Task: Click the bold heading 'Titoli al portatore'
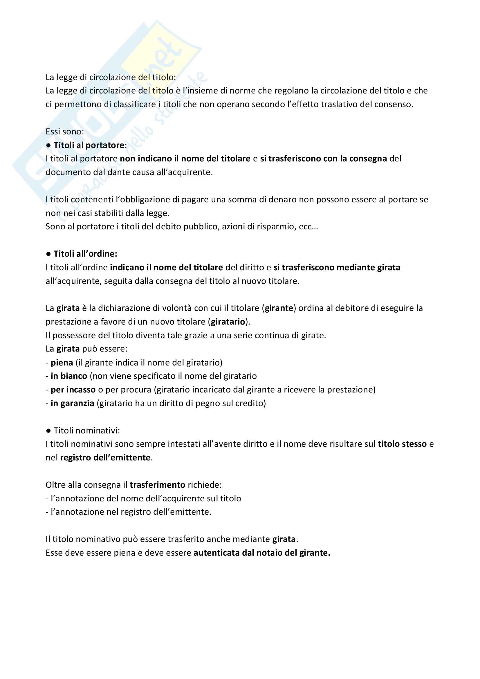(x=89, y=145)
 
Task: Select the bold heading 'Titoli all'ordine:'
(x=85, y=254)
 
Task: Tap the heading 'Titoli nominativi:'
(x=87, y=430)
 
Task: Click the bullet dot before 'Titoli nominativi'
(x=48, y=431)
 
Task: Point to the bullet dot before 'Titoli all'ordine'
(x=48, y=254)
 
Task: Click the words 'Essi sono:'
(x=65, y=132)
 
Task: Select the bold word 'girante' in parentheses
(x=279, y=308)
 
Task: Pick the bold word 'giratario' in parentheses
(x=228, y=322)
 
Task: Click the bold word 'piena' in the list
(x=62, y=363)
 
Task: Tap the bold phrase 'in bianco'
(x=69, y=376)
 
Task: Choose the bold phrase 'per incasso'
(x=73, y=390)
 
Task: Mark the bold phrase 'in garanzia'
(x=73, y=403)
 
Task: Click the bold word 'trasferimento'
(x=157, y=485)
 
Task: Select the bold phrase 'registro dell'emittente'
(x=105, y=458)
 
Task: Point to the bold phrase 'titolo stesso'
(x=402, y=444)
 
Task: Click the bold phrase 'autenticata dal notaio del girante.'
(x=261, y=553)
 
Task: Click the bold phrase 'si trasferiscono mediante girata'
(x=337, y=267)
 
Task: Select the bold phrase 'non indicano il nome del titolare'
(x=185, y=159)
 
